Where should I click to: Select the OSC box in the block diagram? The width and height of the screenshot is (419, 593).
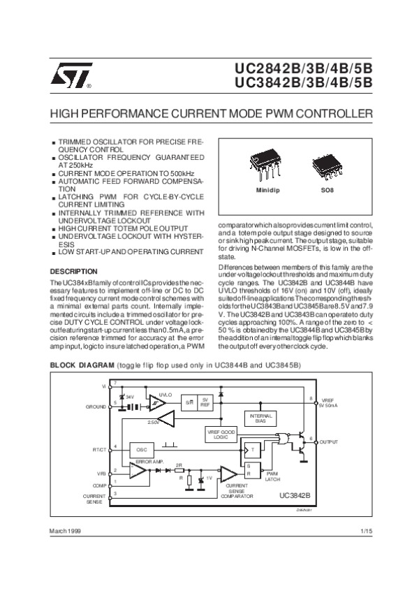[141, 448]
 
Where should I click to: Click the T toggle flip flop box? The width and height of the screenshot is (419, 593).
[253, 449]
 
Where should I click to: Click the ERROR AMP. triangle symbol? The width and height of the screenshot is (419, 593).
[140, 472]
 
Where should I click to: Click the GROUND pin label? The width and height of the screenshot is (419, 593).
[95, 406]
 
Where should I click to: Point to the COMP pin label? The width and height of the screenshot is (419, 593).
[99, 484]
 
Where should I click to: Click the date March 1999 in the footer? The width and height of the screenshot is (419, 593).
[65, 532]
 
